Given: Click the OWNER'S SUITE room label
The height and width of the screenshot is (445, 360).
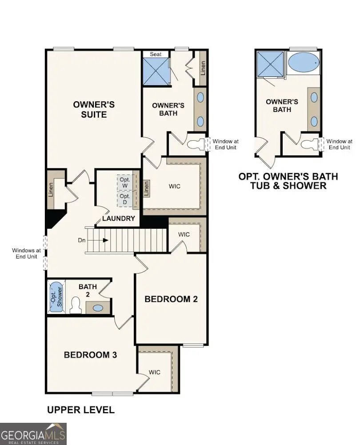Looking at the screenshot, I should pyautogui.click(x=94, y=109).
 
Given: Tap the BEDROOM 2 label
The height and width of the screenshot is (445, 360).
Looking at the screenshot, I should pyautogui.click(x=171, y=299).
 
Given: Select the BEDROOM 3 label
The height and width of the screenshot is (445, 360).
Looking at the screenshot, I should pyautogui.click(x=90, y=355).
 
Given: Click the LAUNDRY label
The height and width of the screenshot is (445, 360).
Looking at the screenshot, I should pyautogui.click(x=118, y=219).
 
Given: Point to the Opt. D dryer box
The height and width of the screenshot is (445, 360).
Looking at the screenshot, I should pyautogui.click(x=125, y=199).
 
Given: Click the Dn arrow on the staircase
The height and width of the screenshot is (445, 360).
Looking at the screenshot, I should pyautogui.click(x=105, y=240).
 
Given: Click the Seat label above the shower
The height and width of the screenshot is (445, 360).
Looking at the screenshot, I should pyautogui.click(x=156, y=54).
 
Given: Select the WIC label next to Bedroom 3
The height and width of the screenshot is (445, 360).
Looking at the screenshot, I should pyautogui.click(x=154, y=372).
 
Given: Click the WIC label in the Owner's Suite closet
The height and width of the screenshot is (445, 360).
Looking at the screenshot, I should pyautogui.click(x=175, y=186).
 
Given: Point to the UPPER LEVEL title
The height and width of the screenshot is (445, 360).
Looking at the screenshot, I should pyautogui.click(x=80, y=409).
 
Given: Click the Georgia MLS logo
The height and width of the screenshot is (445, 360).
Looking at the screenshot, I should pyautogui.click(x=33, y=433).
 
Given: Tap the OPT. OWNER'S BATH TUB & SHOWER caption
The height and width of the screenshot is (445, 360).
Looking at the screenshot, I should pyautogui.click(x=288, y=181).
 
